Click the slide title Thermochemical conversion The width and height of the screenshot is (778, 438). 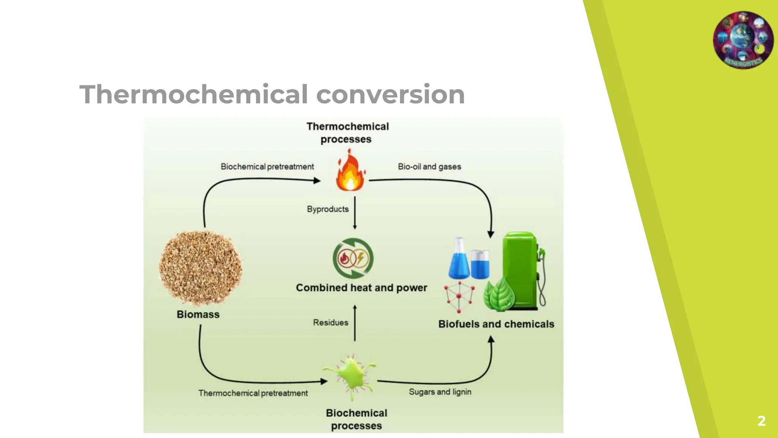[272, 94]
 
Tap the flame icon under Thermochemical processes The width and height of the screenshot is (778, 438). [350, 172]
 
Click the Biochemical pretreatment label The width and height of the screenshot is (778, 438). [267, 167]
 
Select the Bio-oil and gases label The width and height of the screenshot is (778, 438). [429, 167]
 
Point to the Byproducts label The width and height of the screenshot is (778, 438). [327, 209]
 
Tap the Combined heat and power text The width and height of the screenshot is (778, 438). [361, 288]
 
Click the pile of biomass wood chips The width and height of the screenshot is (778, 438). [200, 268]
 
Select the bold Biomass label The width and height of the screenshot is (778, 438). [198, 314]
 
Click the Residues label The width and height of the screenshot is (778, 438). [330, 322]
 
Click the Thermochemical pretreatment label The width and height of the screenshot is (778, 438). [253, 393]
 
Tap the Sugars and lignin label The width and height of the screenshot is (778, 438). [440, 392]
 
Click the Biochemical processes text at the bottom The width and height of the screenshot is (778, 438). [356, 419]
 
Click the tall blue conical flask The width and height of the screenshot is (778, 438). [459, 259]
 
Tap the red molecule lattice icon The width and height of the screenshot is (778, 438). [459, 297]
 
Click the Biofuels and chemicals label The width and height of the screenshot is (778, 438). [496, 324]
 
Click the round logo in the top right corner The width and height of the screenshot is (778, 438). [743, 40]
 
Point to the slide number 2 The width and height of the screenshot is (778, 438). [761, 421]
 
